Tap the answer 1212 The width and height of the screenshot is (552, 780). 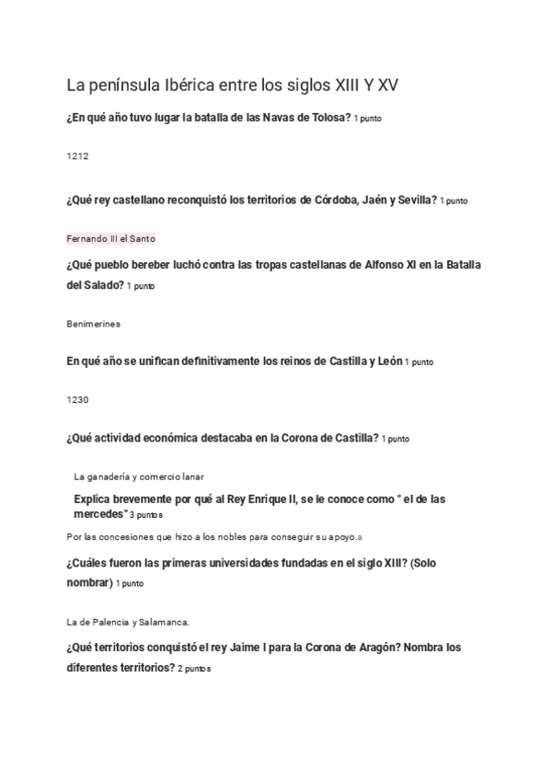[77, 157]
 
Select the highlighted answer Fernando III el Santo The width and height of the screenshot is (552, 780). [111, 238]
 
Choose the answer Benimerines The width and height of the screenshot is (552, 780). [94, 324]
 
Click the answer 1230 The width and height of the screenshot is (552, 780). [78, 399]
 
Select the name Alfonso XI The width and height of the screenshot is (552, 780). [377, 265]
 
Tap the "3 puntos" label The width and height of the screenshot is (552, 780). [146, 515]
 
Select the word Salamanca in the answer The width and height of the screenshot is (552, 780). [164, 622]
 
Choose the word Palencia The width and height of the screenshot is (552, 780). [110, 622]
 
